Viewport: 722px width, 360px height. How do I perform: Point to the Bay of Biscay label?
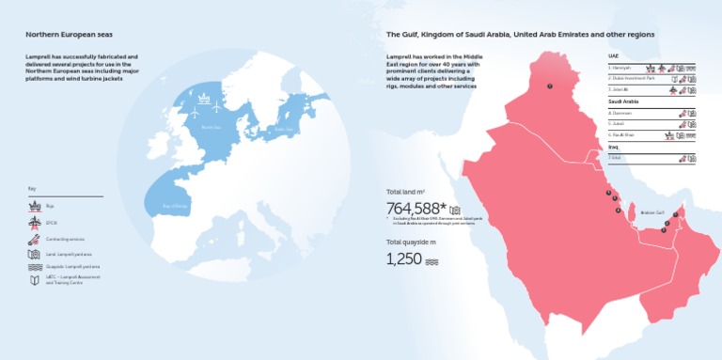176,204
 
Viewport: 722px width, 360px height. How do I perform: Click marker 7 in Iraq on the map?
550,86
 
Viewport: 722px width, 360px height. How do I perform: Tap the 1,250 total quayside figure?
403,258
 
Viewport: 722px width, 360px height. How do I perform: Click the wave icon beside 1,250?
432,260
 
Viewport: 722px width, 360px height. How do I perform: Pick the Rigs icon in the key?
34,207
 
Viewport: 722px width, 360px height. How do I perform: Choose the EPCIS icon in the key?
34,223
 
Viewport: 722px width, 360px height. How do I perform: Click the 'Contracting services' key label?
64,240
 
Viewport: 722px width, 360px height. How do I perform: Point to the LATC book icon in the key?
34,280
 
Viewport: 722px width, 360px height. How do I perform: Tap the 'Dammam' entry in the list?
621,113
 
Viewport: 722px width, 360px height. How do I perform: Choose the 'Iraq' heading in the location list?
613,147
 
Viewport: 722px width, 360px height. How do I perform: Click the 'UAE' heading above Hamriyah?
614,56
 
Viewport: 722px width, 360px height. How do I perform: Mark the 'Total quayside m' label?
410,242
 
